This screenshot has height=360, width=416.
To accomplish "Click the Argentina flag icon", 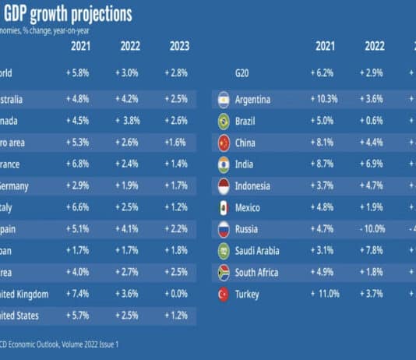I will click(x=221, y=100).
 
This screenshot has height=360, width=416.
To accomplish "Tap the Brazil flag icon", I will click(x=221, y=122).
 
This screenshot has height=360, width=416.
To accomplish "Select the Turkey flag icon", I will click(x=221, y=295).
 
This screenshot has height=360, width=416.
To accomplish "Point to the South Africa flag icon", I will click(x=221, y=274).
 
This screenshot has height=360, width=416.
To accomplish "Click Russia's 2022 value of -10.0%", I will click(x=374, y=230).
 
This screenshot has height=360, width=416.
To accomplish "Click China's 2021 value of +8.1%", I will click(x=326, y=143).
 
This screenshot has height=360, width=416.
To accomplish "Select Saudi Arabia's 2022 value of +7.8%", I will click(x=374, y=251).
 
